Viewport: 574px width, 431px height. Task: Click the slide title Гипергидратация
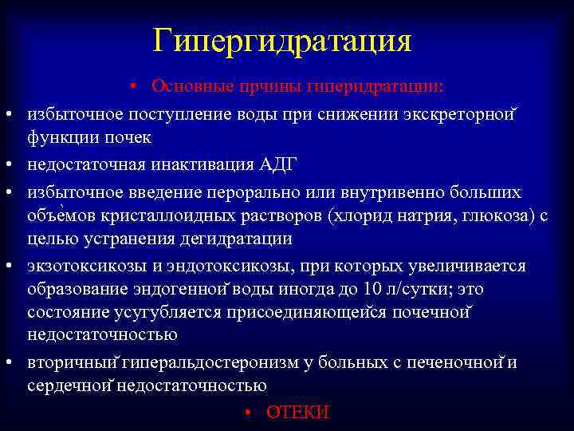coord(283,40)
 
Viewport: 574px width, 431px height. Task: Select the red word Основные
coord(188,85)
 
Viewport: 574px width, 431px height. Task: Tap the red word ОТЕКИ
coord(297,412)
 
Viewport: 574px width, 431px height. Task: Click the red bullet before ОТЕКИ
coord(249,412)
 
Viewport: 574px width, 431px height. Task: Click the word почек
coord(125,137)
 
